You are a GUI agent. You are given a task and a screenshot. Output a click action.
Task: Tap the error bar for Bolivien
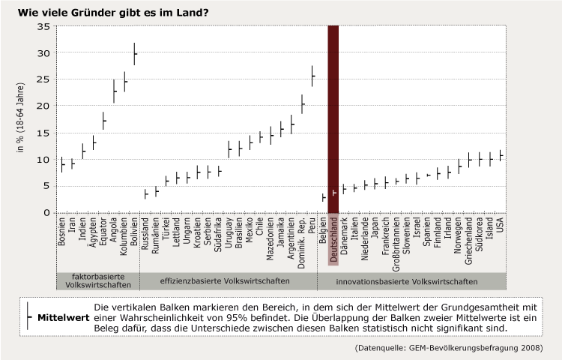click(x=135, y=54)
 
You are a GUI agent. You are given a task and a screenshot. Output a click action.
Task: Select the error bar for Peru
click(x=312, y=76)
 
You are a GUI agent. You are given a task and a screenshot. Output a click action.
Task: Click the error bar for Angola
click(x=115, y=91)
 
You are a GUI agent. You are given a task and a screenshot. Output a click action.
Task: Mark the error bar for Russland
click(x=146, y=193)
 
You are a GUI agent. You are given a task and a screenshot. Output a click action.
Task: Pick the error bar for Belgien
click(x=324, y=197)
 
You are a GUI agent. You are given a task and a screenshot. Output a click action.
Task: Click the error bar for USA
click(x=501, y=155)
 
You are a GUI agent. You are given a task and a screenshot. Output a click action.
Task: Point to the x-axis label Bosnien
click(x=62, y=233)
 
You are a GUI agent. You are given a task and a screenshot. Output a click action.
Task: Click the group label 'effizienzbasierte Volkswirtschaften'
click(x=225, y=280)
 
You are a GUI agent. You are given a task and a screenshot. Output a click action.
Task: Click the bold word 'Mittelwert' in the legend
click(x=62, y=317)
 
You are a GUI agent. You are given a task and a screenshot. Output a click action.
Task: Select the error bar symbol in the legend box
click(x=28, y=316)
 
